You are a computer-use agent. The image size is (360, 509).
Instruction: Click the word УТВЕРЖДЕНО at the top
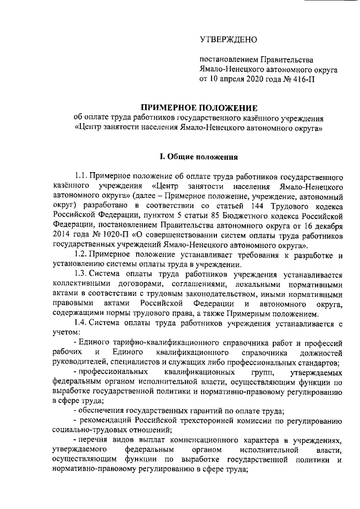tap(228, 39)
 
